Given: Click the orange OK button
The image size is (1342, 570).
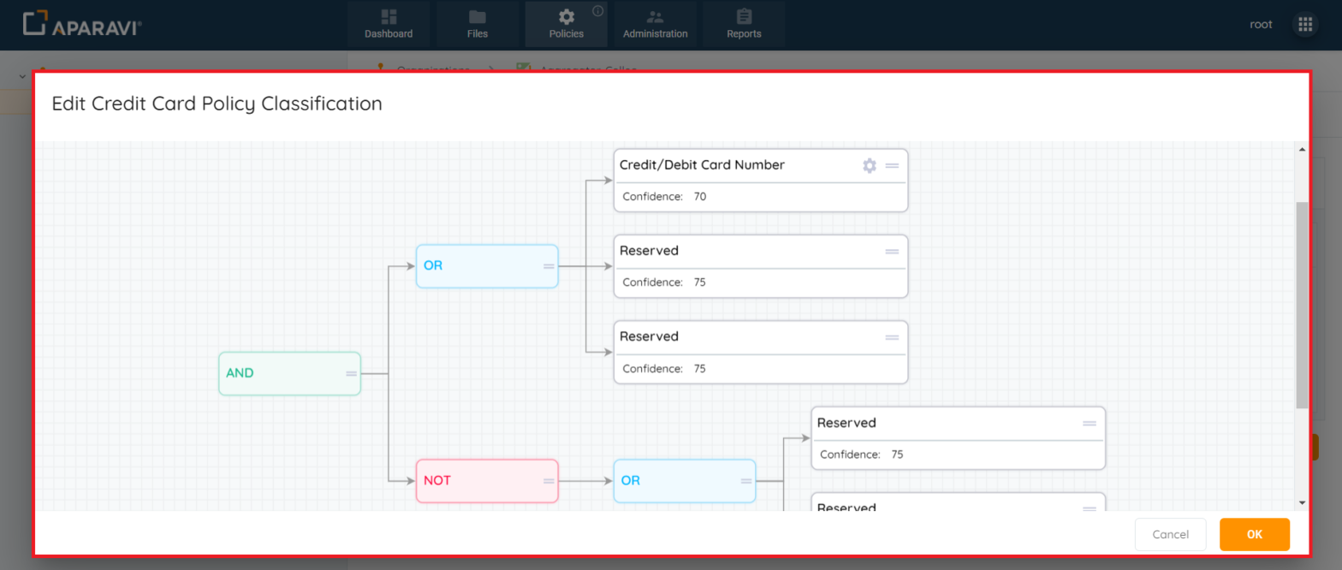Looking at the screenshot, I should pyautogui.click(x=1254, y=534).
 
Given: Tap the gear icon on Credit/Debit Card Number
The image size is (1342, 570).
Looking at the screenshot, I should pyautogui.click(x=870, y=165).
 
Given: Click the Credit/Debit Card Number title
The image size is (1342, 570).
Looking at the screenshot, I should pyautogui.click(x=702, y=165).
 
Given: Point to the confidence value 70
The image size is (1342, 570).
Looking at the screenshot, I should pyautogui.click(x=700, y=197).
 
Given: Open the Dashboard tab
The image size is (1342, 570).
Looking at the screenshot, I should pyautogui.click(x=389, y=24).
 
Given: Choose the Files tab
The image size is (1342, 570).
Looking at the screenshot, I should pyautogui.click(x=478, y=24).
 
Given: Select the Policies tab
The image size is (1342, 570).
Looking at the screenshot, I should pyautogui.click(x=567, y=24).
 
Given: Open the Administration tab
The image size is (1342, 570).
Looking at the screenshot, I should pyautogui.click(x=656, y=24).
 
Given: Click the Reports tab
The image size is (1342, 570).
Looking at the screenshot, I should pyautogui.click(x=744, y=24).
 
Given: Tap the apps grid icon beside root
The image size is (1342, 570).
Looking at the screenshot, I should pyautogui.click(x=1305, y=25).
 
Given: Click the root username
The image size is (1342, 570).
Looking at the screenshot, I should pyautogui.click(x=1261, y=25).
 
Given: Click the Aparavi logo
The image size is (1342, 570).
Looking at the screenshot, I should pyautogui.click(x=82, y=25).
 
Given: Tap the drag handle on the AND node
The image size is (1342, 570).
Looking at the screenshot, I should pyautogui.click(x=351, y=373).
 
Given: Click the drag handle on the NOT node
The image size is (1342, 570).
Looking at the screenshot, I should pyautogui.click(x=549, y=481).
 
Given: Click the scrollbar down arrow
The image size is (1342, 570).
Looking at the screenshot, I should pyautogui.click(x=1302, y=502).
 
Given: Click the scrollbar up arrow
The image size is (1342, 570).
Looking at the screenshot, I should pyautogui.click(x=1302, y=150).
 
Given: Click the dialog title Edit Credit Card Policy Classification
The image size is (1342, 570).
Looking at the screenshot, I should pyautogui.click(x=217, y=104).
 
